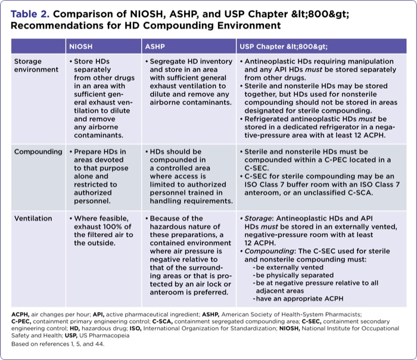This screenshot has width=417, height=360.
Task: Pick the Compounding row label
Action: coord(38,151)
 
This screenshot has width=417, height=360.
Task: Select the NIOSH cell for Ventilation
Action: coord(101,231)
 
